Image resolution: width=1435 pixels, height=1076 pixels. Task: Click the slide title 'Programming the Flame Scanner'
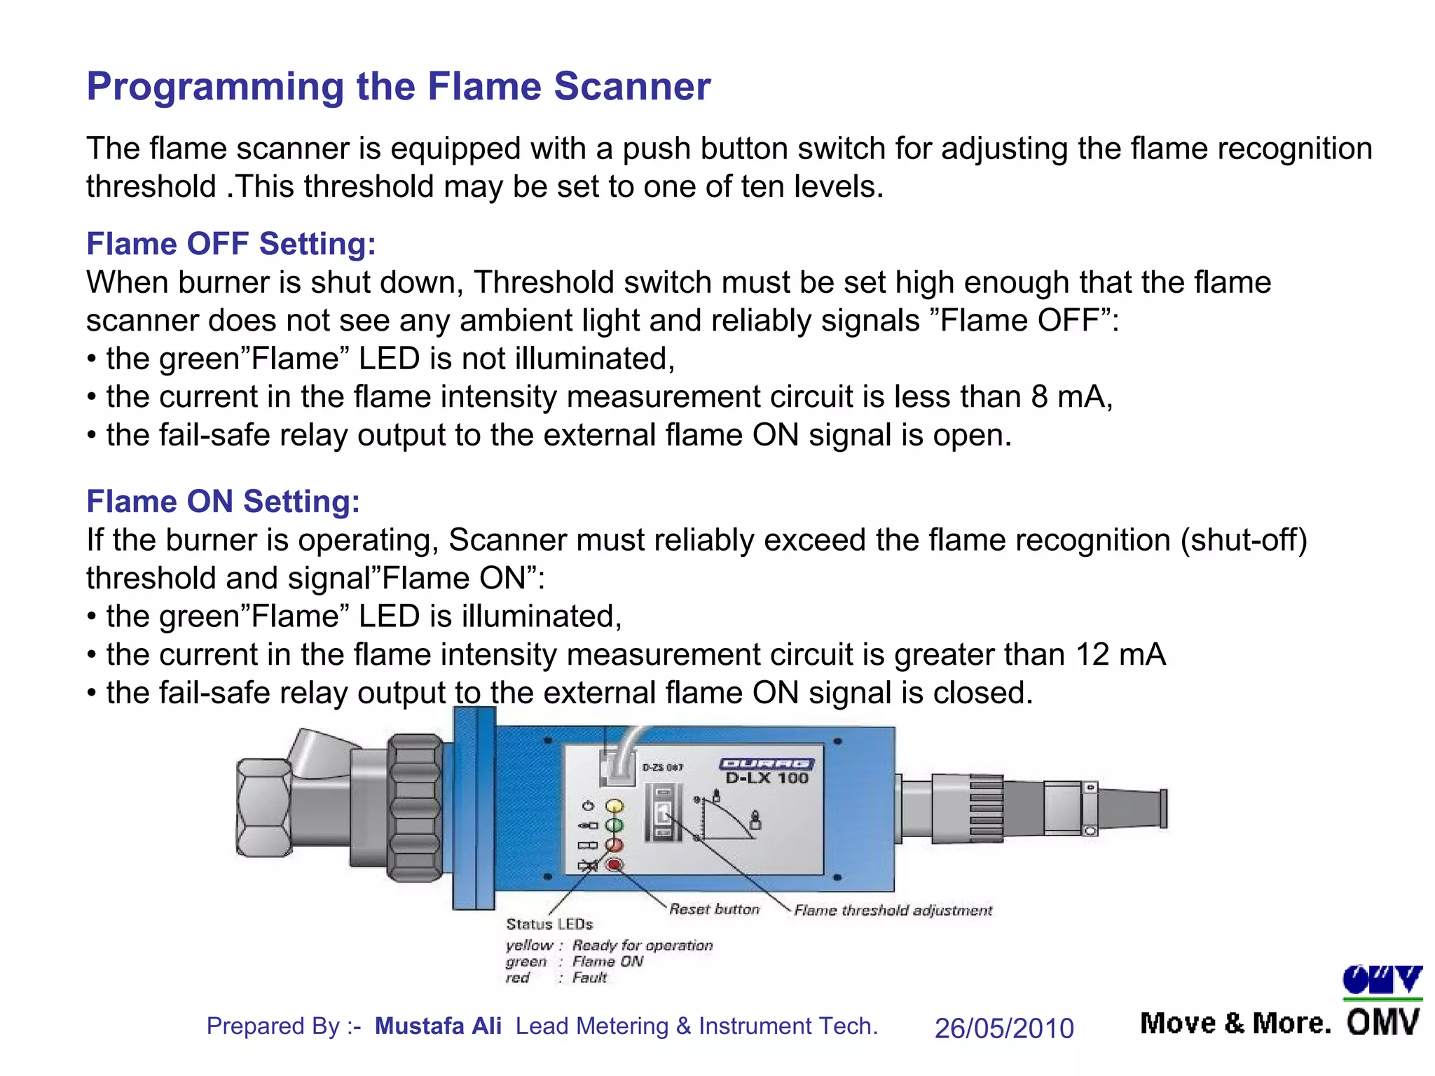pos(398,87)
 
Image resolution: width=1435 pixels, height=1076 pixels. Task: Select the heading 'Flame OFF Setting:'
pos(231,244)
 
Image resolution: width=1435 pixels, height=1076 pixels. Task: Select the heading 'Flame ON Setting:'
pos(223,502)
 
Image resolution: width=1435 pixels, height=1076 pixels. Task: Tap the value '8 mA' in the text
pos(1070,397)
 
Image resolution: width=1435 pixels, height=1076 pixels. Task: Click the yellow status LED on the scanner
pos(614,806)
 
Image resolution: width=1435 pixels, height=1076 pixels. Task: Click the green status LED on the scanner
pos(614,826)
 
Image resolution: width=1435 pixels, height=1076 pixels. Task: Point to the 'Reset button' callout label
pos(714,909)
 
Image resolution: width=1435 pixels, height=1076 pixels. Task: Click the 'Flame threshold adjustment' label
pos(893,911)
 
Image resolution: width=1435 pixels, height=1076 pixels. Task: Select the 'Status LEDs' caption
pos(549,925)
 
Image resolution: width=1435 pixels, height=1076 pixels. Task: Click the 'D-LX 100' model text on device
pos(767,778)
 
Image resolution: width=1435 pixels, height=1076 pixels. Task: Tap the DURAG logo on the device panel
pos(767,764)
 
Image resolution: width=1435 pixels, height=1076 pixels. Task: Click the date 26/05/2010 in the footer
pos(1003,1028)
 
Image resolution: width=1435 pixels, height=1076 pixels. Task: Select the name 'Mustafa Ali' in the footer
pos(438,1026)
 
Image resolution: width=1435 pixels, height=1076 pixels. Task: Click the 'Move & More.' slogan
pos(1235,1024)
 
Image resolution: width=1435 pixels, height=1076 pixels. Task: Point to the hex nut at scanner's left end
pos(264,808)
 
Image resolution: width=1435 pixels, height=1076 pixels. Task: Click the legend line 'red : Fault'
pos(556,978)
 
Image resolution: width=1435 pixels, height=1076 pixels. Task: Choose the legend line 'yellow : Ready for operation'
pos(608,946)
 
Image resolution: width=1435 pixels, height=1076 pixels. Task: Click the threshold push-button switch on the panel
pos(662,813)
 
